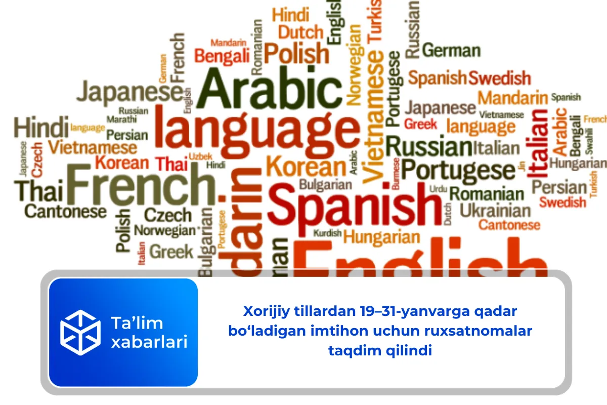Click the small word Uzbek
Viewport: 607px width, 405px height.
(x=201, y=155)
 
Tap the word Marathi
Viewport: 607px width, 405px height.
(x=121, y=119)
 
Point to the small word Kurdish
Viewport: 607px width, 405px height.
(x=327, y=233)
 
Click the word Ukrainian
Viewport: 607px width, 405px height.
(x=495, y=210)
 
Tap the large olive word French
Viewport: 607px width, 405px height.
(x=140, y=183)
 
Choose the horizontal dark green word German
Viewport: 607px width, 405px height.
(x=451, y=51)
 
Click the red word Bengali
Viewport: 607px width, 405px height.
(x=223, y=55)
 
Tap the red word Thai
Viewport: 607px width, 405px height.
(x=172, y=164)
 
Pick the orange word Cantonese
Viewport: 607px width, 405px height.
(x=509, y=224)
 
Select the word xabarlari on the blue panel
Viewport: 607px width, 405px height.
(x=149, y=342)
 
